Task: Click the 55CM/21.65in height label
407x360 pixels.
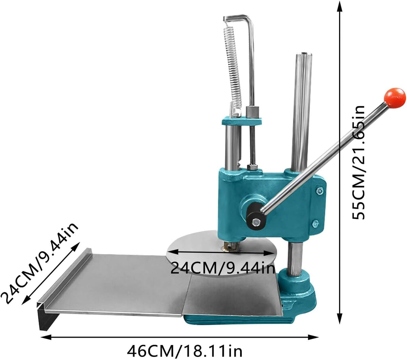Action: tap(358, 162)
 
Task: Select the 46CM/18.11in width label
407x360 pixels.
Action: tap(185, 351)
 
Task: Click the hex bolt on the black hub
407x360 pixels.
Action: tap(256, 222)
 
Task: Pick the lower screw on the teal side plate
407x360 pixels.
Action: tap(315, 223)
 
